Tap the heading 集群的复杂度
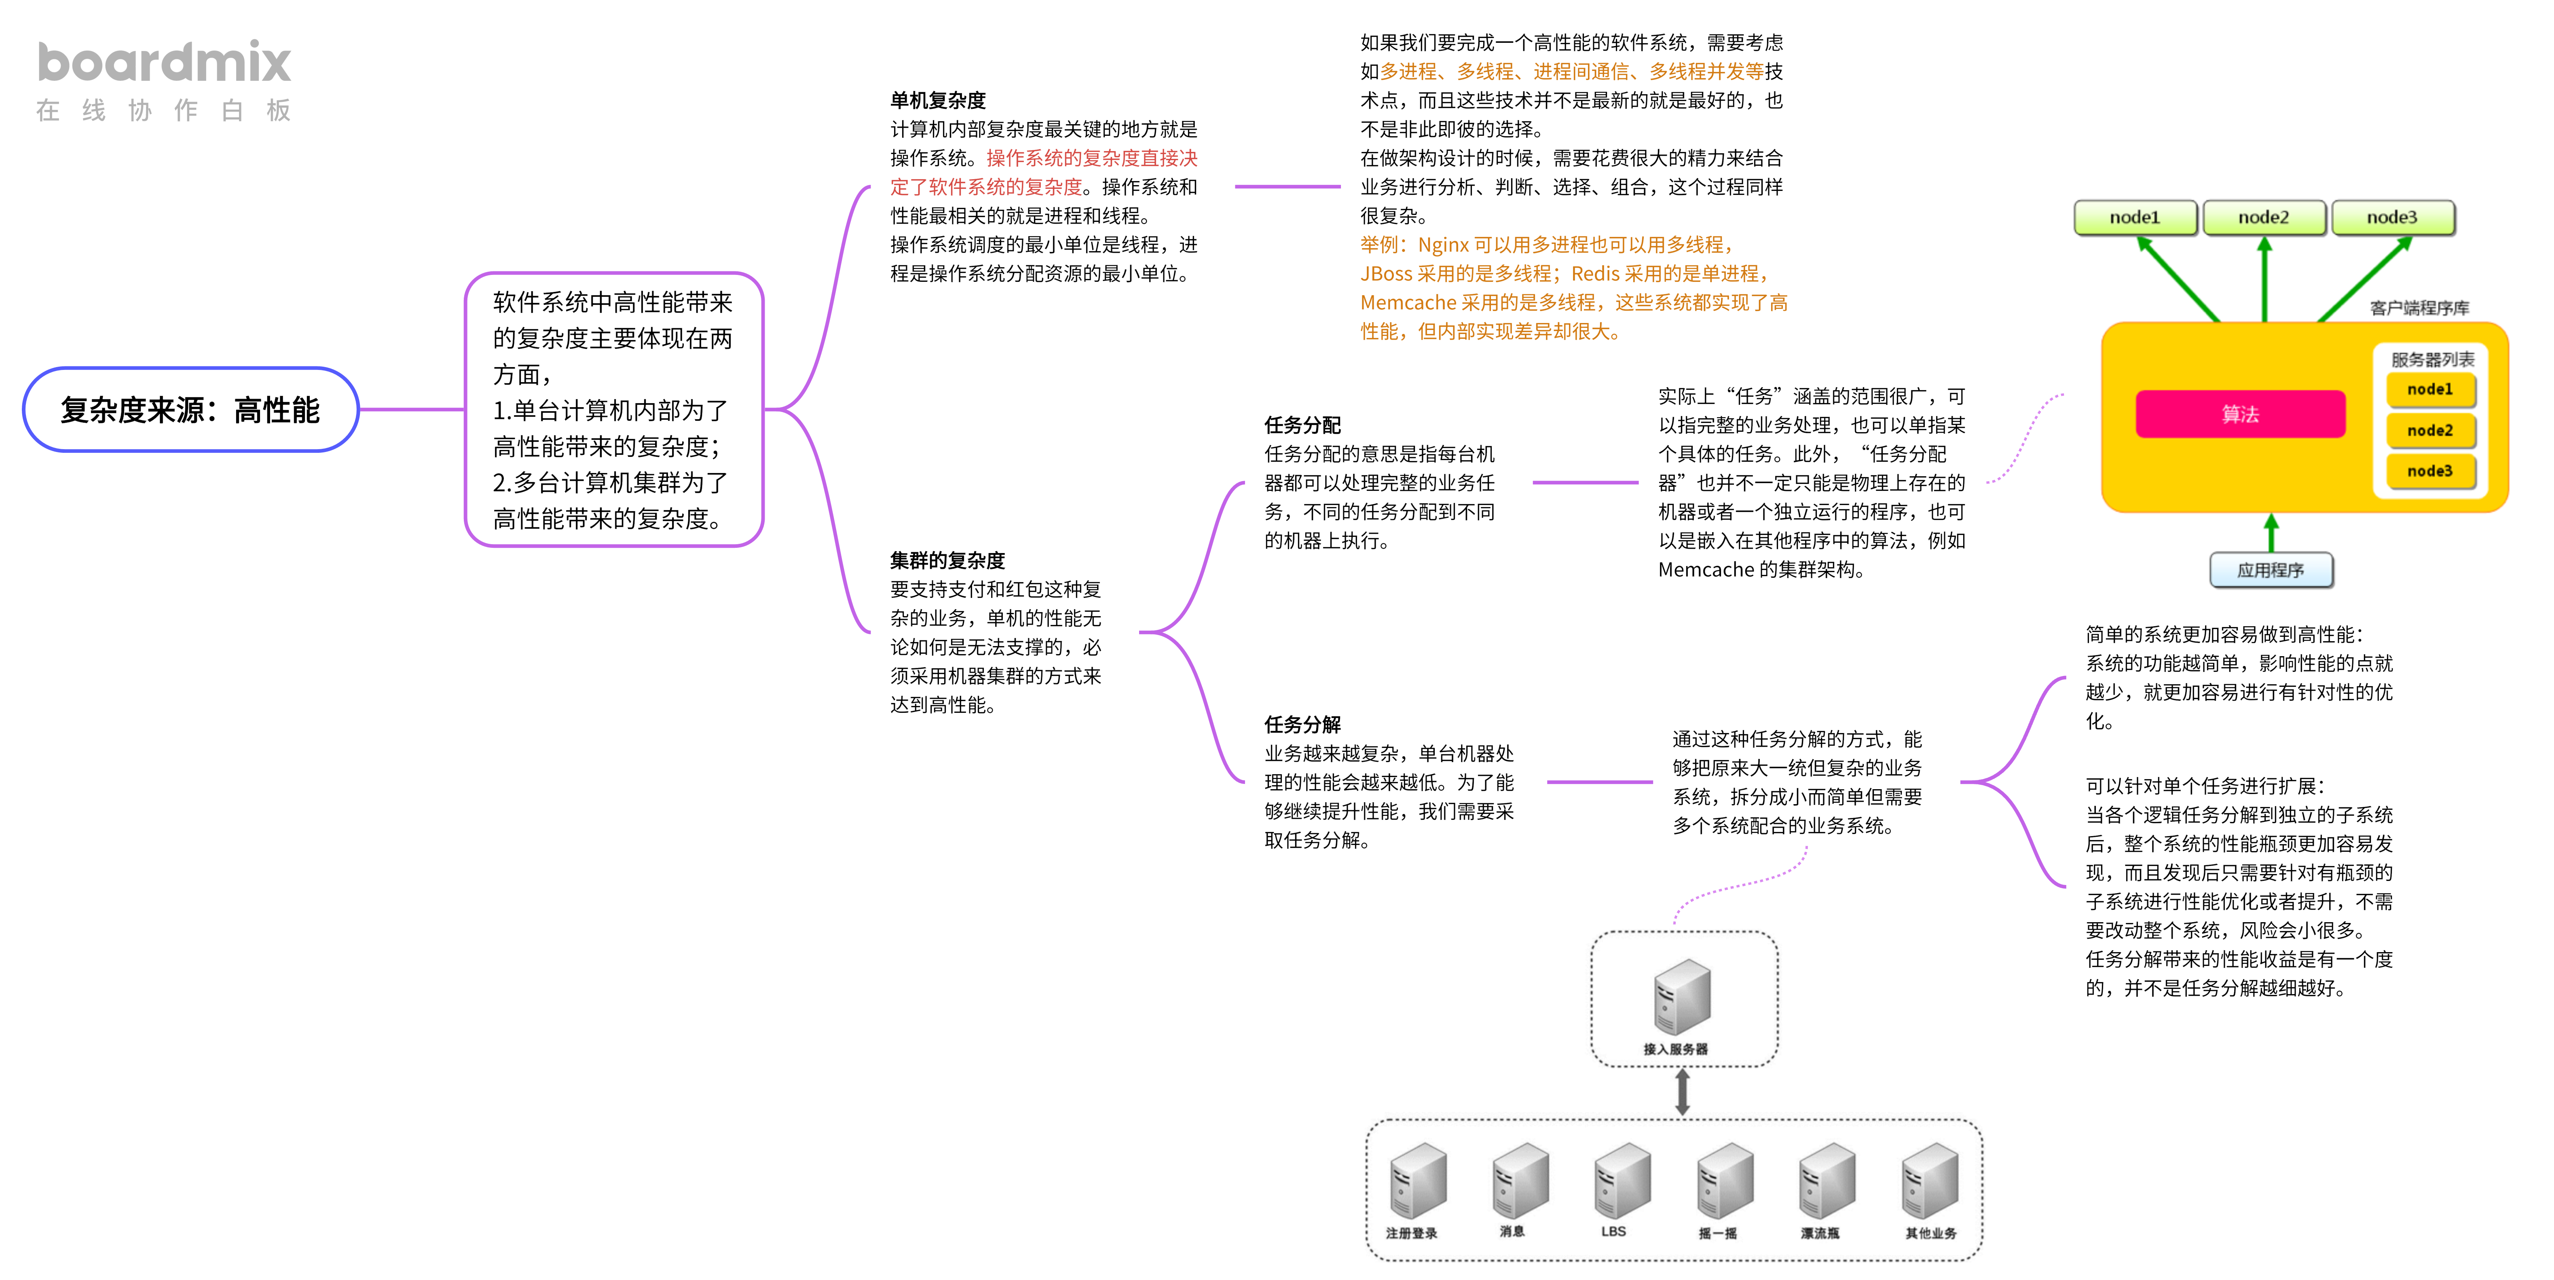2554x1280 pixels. click(947, 560)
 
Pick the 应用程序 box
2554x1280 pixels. click(2271, 570)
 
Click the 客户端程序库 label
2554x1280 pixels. click(2419, 307)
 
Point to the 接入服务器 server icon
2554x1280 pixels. click(1681, 997)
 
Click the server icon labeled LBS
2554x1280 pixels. click(1622, 1182)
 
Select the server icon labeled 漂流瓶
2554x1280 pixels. click(1826, 1182)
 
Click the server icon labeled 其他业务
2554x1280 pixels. click(1929, 1182)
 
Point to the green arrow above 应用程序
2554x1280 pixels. click(2271, 532)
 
